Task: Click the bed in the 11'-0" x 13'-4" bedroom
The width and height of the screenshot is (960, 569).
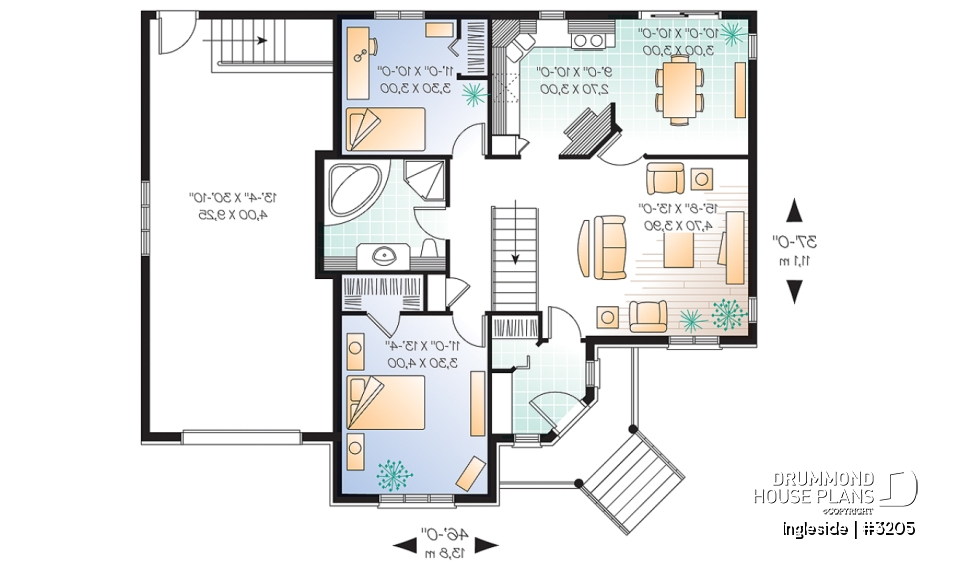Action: [x=387, y=403]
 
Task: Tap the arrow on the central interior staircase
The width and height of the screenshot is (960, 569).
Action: [x=516, y=258]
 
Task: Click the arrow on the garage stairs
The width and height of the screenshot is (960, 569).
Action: [x=261, y=41]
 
